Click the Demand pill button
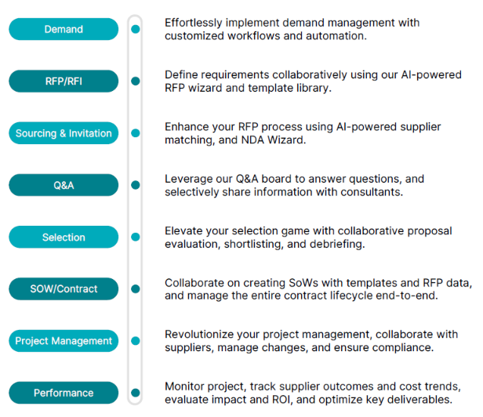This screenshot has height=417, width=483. [64, 29]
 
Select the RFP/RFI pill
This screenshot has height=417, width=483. [64, 81]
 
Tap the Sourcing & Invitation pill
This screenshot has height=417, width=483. [64, 133]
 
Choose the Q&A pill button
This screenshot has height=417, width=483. [64, 185]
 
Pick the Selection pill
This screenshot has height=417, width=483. [64, 238]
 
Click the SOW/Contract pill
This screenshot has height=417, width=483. [64, 289]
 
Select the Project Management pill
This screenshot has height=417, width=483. [64, 341]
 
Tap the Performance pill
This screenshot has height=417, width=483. [64, 393]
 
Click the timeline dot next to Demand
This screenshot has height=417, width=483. [136, 29]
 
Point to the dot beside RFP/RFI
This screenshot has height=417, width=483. [136, 81]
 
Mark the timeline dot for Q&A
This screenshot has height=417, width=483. [136, 185]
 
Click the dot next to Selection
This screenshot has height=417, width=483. [136, 237]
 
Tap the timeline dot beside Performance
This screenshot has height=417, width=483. [136, 393]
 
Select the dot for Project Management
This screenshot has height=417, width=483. [136, 341]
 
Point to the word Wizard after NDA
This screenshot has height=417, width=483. [286, 140]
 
